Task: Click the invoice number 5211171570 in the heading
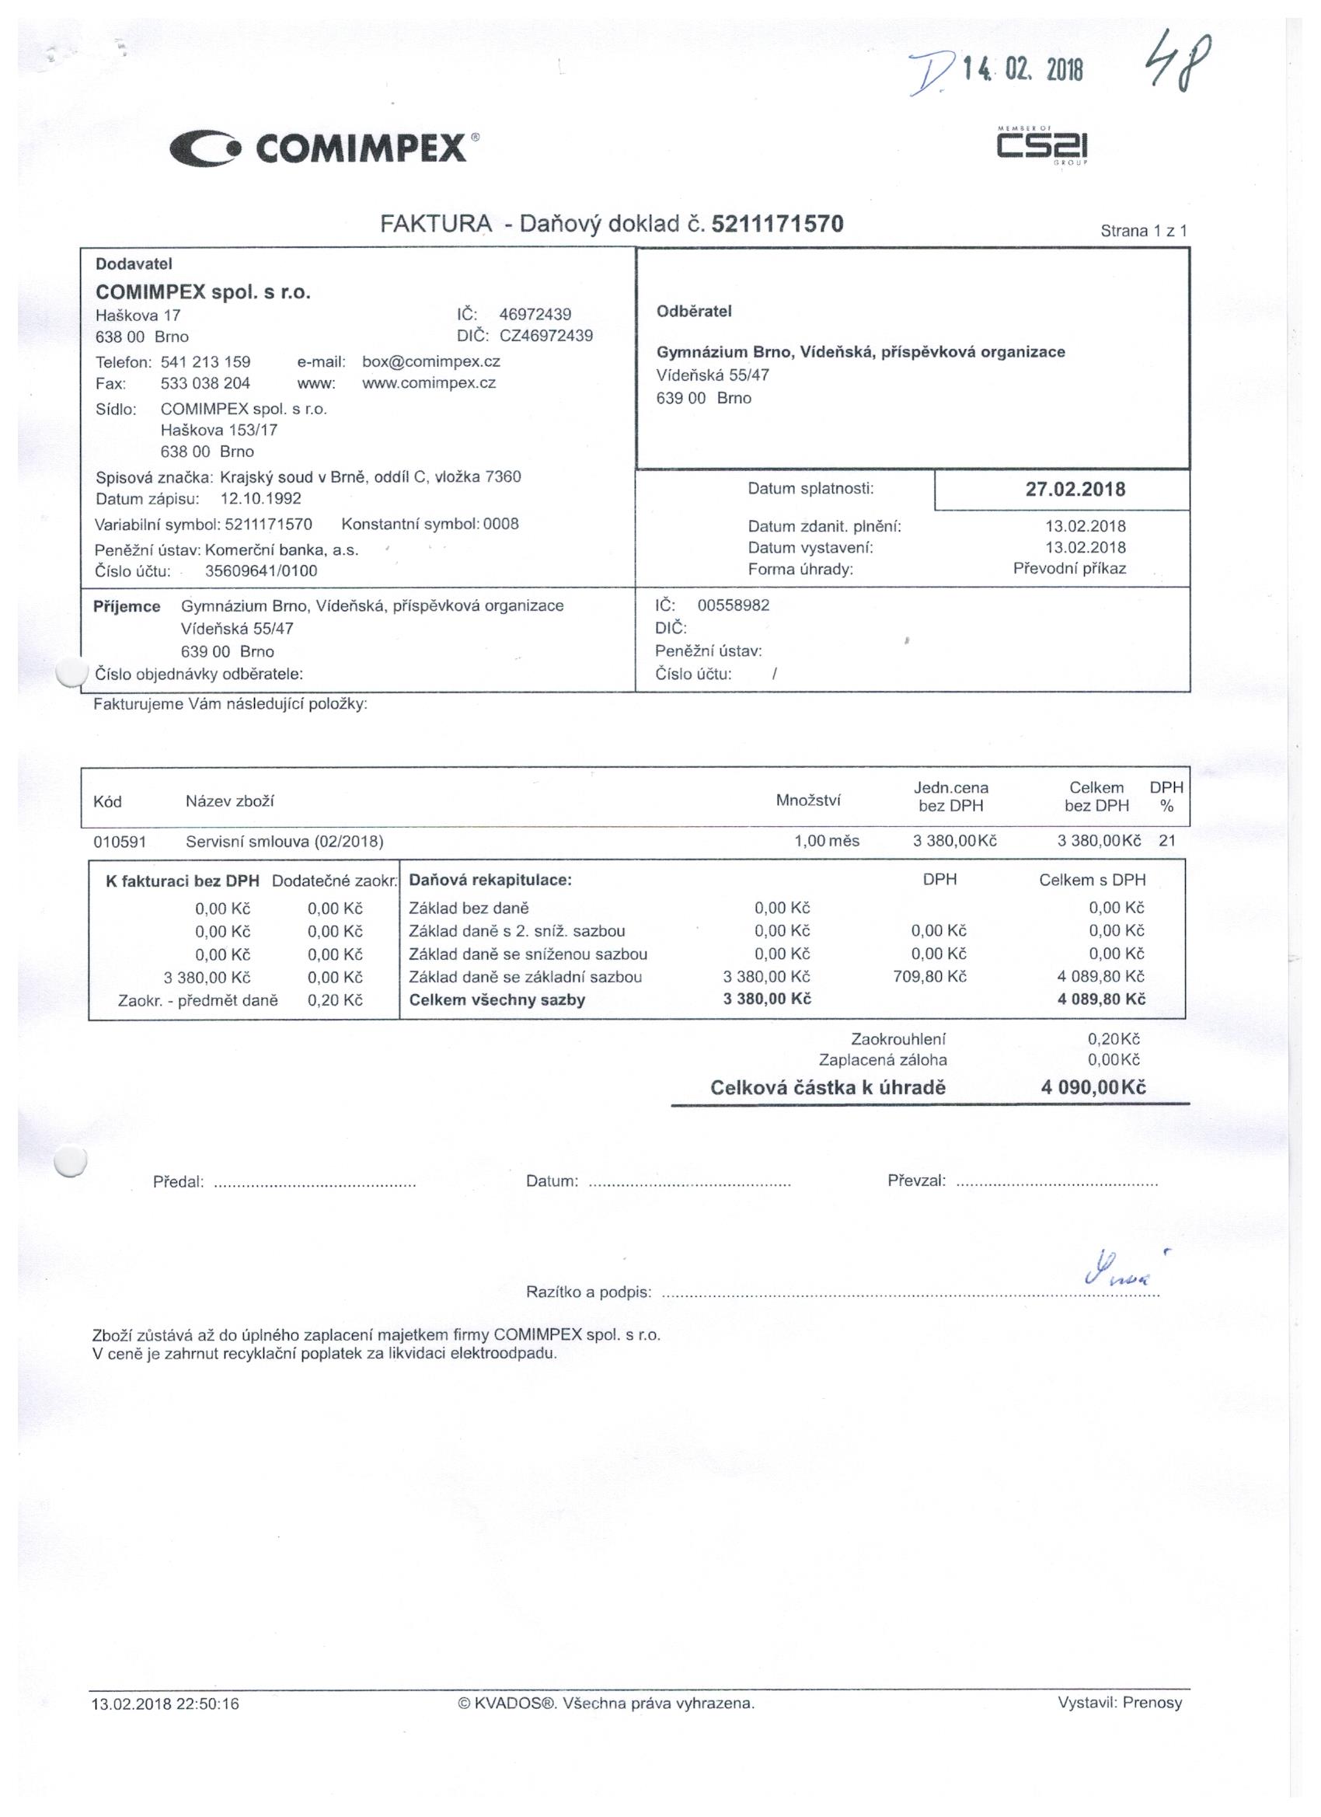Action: point(777,224)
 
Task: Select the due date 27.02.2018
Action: point(1075,490)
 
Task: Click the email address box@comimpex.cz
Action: point(431,361)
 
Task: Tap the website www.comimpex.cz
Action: point(429,383)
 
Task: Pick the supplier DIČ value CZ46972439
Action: point(546,336)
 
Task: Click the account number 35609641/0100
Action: point(261,571)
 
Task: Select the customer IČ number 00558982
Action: point(733,605)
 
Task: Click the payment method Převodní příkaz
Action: point(1069,569)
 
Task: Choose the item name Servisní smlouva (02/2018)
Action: point(284,842)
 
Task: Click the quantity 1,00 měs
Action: point(827,841)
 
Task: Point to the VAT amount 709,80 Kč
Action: point(930,977)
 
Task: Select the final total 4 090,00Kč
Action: point(1093,1087)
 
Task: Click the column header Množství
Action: point(807,800)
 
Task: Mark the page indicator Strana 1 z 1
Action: point(1143,232)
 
